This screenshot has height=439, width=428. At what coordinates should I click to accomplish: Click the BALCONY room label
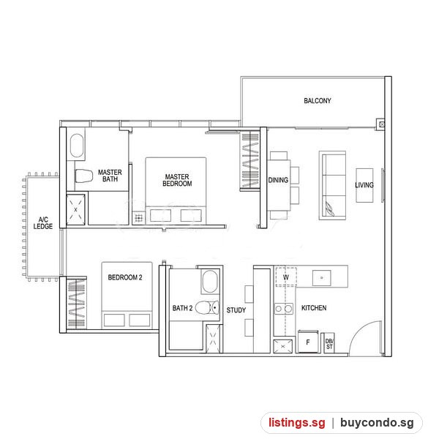click(317, 100)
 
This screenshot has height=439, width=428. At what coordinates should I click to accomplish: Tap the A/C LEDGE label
click(43, 223)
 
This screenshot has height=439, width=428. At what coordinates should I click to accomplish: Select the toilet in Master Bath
click(83, 176)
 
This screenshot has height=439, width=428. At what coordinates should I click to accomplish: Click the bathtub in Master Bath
click(77, 146)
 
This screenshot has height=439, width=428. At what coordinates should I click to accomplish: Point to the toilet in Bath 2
click(207, 308)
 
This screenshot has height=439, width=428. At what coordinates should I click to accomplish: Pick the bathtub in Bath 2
click(210, 282)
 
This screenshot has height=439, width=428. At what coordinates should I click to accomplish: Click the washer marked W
click(286, 277)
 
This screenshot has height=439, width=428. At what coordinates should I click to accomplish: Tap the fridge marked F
click(308, 342)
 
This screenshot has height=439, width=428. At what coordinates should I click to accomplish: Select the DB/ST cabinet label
click(329, 344)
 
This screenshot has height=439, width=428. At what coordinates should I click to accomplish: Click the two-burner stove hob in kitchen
click(283, 309)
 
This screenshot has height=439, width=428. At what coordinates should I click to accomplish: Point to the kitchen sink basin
click(321, 278)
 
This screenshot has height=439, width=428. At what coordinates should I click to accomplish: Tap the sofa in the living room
click(332, 185)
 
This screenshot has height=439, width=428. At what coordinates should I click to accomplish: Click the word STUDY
click(236, 310)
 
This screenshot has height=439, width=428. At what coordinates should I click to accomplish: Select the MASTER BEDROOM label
click(177, 180)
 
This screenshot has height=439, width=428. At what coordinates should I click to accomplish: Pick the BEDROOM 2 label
click(125, 277)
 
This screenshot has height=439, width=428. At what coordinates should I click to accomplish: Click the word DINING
click(278, 180)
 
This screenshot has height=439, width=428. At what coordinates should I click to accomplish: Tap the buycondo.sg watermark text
click(377, 423)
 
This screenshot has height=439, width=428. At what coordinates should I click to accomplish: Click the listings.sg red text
click(297, 423)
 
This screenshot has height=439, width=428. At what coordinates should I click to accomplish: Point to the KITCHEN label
click(314, 308)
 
